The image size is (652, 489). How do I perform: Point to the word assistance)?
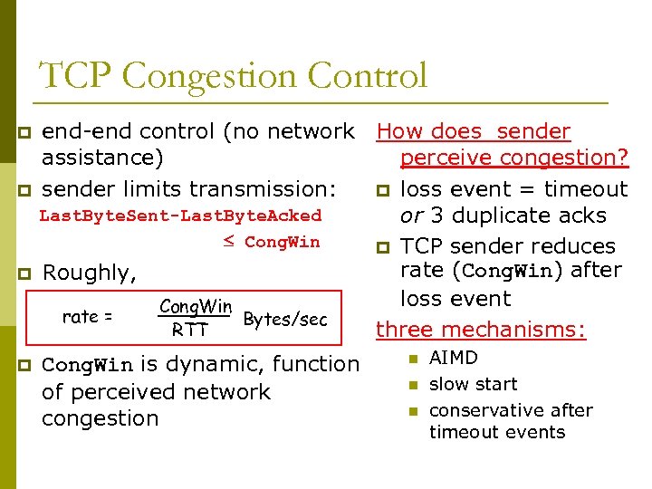coord(103,158)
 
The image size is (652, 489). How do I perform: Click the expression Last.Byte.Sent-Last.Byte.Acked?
coord(180,216)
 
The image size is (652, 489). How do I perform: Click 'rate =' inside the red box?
coord(87,317)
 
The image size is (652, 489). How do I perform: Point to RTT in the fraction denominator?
coord(190,331)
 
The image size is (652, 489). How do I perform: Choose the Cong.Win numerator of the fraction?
coord(196,307)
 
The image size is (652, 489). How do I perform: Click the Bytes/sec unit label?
coord(285,320)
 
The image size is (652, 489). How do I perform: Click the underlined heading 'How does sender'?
coord(474,131)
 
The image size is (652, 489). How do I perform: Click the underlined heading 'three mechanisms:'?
coord(481,331)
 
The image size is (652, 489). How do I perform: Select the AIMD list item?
coord(453,358)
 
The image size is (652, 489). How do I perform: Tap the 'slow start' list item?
coord(473,384)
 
